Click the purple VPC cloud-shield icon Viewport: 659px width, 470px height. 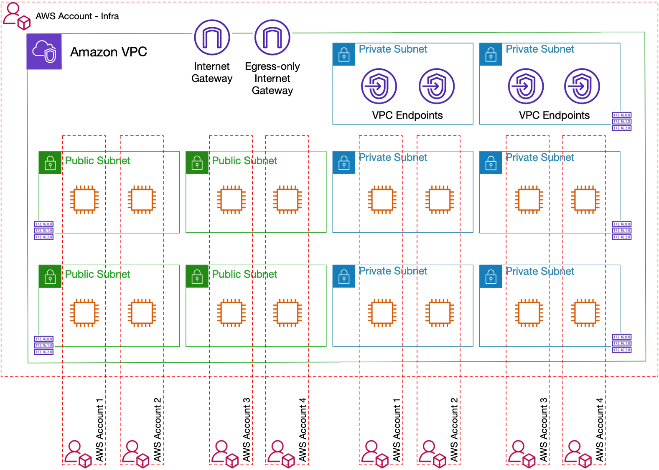click(x=44, y=52)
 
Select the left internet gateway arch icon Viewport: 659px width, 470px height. click(x=212, y=37)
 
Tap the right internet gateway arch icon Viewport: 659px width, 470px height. click(x=272, y=37)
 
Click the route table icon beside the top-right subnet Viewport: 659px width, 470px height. click(x=622, y=122)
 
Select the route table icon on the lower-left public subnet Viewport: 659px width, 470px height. click(x=44, y=346)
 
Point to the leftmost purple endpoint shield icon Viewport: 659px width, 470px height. click(x=379, y=86)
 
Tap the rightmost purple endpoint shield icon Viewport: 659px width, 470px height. click(x=582, y=86)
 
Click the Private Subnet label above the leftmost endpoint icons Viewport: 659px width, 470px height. click(x=393, y=49)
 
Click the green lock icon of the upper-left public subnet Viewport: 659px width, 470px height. click(x=50, y=163)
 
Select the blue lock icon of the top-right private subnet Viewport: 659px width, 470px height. click(x=491, y=54)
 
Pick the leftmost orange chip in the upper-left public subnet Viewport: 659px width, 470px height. click(x=85, y=199)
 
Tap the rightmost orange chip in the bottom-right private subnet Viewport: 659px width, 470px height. click(x=585, y=312)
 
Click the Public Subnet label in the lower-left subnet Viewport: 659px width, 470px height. click(x=98, y=274)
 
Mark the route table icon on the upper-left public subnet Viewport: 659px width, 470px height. click(x=44, y=231)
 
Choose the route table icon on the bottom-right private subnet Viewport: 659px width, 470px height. click(x=622, y=343)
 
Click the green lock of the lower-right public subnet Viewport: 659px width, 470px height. click(x=197, y=276)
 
